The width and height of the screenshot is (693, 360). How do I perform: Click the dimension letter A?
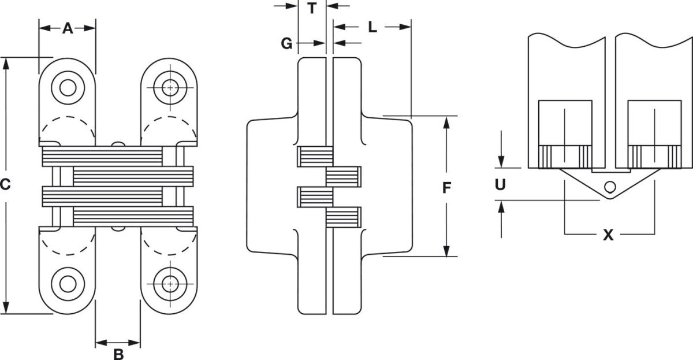[68, 28]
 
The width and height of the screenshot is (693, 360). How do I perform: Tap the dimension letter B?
[118, 354]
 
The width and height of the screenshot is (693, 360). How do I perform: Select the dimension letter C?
[5, 184]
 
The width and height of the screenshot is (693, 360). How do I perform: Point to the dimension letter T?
[312, 8]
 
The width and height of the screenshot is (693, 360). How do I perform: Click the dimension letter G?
[286, 44]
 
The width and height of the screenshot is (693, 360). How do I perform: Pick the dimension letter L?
[372, 27]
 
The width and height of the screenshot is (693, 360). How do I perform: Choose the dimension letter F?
[446, 188]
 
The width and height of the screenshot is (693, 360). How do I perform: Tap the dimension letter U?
[500, 185]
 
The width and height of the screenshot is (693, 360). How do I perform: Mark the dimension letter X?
[608, 235]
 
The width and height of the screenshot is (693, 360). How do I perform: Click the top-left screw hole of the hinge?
[68, 88]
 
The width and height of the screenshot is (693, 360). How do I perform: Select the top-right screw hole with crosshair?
[170, 88]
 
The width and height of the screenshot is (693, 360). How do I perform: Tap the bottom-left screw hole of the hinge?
[68, 284]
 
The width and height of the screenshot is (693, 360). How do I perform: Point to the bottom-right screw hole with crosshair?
[170, 284]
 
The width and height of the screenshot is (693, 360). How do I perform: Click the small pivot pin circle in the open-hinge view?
[610, 187]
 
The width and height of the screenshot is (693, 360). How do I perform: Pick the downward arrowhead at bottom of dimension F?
[446, 250]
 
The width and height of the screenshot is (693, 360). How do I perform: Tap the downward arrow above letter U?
[501, 149]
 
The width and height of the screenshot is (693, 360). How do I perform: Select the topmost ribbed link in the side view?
[315, 157]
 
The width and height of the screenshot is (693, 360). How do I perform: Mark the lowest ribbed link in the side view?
[344, 217]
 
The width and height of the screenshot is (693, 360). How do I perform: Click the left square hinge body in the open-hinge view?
[565, 134]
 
